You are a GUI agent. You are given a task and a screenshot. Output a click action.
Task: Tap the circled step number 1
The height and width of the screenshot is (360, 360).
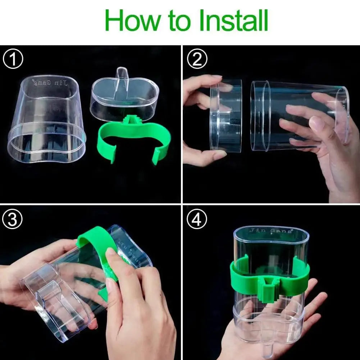13,60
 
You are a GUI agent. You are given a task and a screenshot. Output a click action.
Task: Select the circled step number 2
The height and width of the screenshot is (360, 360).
197,60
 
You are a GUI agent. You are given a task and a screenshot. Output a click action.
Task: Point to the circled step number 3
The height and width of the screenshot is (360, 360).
13,220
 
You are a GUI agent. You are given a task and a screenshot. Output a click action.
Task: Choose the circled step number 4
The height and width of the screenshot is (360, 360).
196,220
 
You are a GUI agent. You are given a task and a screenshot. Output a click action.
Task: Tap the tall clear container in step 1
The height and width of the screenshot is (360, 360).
47,119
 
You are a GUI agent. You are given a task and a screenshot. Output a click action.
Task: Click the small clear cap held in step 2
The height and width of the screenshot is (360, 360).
226,115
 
